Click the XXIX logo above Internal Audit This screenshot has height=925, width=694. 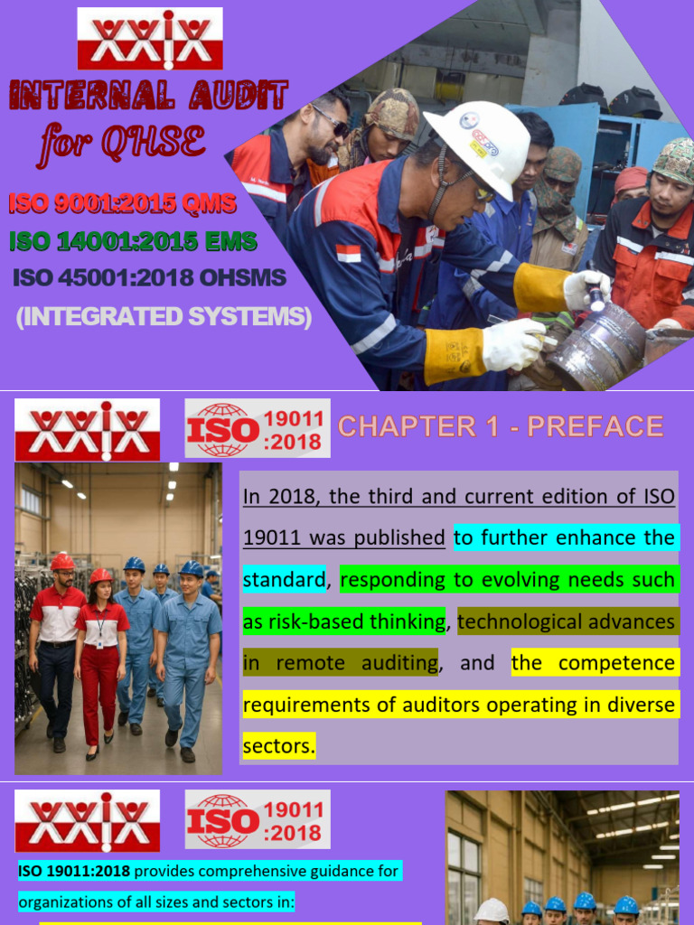(149, 39)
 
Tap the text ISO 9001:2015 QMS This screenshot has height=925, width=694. (122, 204)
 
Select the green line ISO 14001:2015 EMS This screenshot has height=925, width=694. (133, 241)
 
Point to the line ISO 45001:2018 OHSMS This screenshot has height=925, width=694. (149, 278)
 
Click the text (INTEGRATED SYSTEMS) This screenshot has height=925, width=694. (164, 317)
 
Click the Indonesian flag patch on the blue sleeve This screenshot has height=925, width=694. (348, 253)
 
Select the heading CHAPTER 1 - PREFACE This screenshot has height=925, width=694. (501, 426)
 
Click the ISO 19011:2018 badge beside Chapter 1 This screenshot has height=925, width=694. (258, 428)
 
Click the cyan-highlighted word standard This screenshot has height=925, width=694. (284, 579)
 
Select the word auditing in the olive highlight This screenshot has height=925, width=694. (393, 663)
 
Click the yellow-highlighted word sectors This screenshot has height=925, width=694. (278, 746)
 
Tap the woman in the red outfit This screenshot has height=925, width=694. (101, 659)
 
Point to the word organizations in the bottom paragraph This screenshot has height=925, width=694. (61, 902)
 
